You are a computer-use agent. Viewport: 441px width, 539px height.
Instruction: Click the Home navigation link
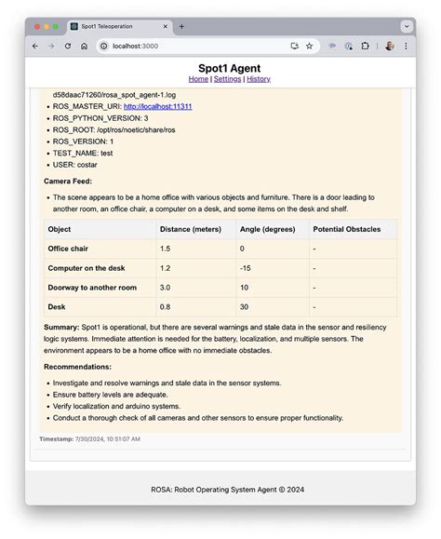198,79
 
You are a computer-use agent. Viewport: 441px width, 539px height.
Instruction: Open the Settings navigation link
227,79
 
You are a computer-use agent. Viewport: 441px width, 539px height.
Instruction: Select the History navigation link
259,79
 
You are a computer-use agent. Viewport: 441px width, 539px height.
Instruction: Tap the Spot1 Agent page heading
229,68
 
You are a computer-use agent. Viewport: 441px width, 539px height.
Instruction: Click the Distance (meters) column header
189,229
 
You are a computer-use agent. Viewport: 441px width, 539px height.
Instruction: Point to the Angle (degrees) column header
267,229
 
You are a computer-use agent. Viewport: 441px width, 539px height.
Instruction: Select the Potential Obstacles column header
346,229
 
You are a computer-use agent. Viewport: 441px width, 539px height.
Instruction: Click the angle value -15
246,268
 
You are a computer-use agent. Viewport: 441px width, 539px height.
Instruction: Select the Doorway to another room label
92,288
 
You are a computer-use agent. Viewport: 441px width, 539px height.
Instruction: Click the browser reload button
68,46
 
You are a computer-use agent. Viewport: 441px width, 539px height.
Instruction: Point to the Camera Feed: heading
68,181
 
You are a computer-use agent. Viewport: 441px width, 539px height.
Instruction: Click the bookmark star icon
309,46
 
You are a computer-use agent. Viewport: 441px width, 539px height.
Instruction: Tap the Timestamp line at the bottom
89,438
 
